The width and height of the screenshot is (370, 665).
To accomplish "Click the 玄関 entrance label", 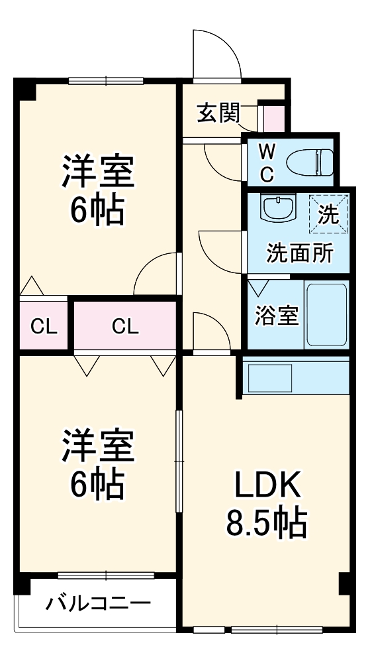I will (217, 114).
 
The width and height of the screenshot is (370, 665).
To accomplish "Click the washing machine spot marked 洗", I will (328, 213).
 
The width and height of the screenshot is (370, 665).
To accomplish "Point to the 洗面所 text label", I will (299, 253).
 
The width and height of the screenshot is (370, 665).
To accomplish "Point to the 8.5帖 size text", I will (267, 524).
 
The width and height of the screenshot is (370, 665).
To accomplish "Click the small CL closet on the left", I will (44, 326).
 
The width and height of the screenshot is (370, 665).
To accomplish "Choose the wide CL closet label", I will (124, 326).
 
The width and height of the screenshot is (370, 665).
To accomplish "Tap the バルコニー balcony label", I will (98, 604).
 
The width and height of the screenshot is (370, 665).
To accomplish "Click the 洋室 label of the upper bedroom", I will (99, 171).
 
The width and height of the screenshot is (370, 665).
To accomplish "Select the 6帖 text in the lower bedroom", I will (98, 485).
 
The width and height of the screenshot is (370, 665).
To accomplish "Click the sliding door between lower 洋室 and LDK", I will (178, 461).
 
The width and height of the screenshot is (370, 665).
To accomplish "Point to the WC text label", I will (266, 162).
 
